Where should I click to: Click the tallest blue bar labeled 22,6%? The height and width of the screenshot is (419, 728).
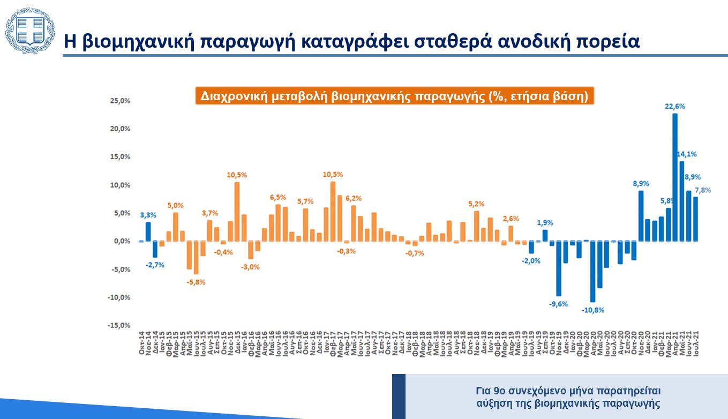675,177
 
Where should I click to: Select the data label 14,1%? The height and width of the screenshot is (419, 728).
687,154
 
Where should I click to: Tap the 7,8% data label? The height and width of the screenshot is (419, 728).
702,190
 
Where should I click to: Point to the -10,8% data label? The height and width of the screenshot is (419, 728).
593,310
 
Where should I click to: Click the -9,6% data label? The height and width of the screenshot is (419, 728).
558,304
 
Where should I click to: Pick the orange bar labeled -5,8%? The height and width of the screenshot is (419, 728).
196,258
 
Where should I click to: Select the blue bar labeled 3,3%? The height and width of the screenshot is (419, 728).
148,231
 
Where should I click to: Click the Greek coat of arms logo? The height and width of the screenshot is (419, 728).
29,31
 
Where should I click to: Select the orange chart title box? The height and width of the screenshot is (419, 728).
394,96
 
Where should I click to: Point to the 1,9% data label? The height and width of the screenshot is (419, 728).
545,222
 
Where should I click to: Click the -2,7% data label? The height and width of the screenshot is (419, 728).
155,265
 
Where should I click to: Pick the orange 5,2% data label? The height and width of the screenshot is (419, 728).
476,204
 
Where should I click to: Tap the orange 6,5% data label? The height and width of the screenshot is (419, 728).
278,197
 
